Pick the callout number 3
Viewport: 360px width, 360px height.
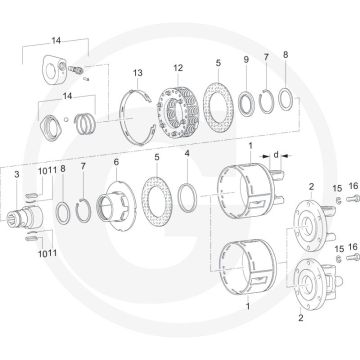16,175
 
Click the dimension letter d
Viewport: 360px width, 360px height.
274,155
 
